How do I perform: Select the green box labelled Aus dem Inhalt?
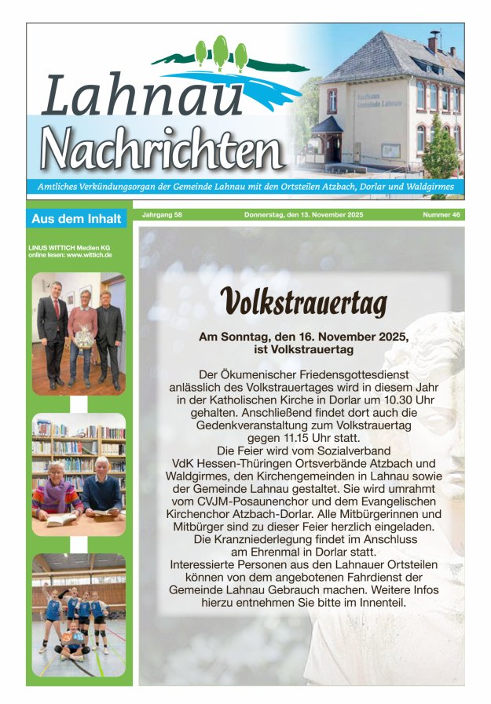tap(76, 219)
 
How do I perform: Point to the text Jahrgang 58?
tap(162, 215)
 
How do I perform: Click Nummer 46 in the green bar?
tap(441, 215)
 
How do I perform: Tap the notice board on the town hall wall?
tap(390, 150)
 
